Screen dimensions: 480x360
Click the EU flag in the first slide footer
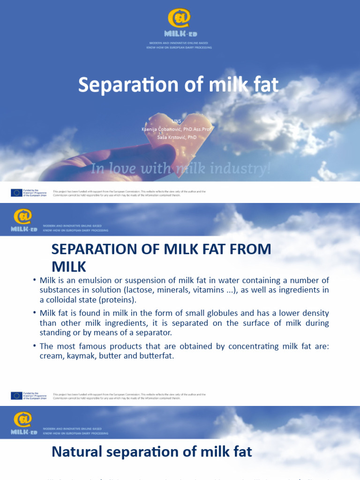point(16,192)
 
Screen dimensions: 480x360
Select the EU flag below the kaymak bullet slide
point(16,396)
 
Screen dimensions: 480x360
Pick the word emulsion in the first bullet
point(89,280)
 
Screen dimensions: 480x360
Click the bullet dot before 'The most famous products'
point(35,346)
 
